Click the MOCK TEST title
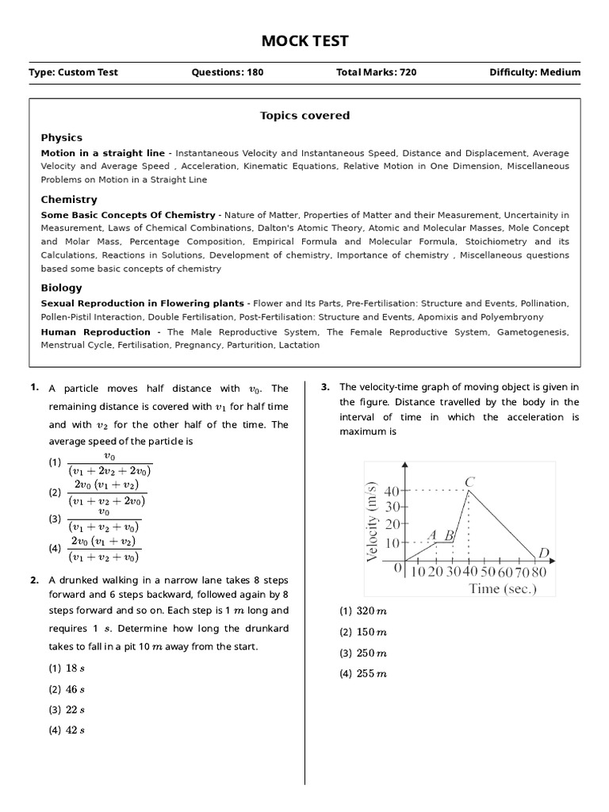(304, 41)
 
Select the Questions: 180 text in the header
(228, 72)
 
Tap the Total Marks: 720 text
(377, 72)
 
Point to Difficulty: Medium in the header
(535, 72)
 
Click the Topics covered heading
(304, 116)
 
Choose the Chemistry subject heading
(69, 200)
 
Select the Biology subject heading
(61, 288)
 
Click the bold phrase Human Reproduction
(95, 332)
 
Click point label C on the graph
(470, 481)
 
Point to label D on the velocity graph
(543, 553)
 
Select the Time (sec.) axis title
(503, 588)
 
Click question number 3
(325, 387)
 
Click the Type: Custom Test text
(73, 72)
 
